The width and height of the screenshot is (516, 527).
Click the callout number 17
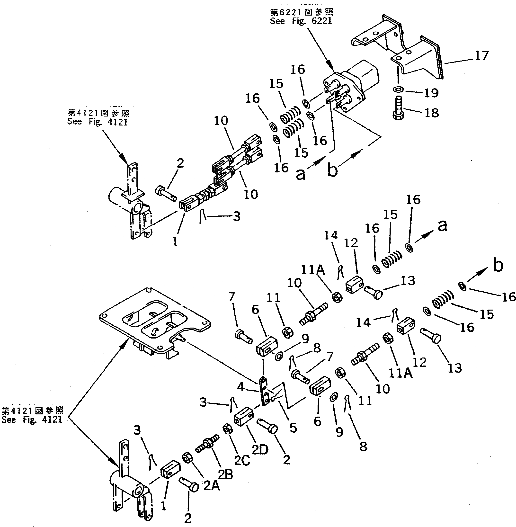(x=481, y=56)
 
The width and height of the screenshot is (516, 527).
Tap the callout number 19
(x=431, y=93)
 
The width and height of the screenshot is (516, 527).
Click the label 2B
(x=225, y=474)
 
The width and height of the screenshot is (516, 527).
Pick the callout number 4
(x=241, y=387)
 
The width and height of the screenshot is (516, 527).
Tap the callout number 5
(x=293, y=428)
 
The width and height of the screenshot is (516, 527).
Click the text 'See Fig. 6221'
(x=301, y=21)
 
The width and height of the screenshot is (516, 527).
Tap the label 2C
(x=242, y=461)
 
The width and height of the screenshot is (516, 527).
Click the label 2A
(x=211, y=486)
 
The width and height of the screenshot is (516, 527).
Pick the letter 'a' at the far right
(x=442, y=225)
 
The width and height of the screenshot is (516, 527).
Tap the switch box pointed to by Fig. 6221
(x=352, y=87)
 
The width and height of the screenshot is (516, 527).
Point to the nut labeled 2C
(x=227, y=429)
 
